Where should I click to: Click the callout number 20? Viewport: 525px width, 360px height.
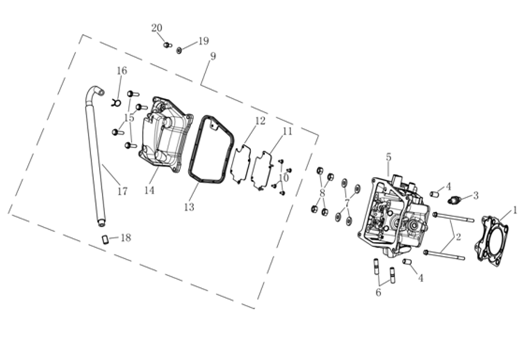point(157,28)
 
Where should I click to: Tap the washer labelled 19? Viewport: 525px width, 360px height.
point(179,50)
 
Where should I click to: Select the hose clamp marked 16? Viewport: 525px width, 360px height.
point(116,103)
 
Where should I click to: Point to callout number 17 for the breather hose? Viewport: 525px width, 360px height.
point(123,191)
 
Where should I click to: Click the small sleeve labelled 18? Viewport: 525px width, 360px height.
point(106,240)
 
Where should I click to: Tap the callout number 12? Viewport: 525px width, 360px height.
point(260,120)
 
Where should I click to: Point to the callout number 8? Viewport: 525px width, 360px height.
point(322,193)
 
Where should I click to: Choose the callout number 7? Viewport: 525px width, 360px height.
point(347,202)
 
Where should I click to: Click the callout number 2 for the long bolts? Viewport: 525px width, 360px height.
point(458,237)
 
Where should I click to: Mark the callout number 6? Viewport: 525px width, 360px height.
point(378,293)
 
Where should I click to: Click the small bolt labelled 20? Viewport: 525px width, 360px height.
point(167,45)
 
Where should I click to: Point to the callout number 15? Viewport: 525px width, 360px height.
point(129,117)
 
